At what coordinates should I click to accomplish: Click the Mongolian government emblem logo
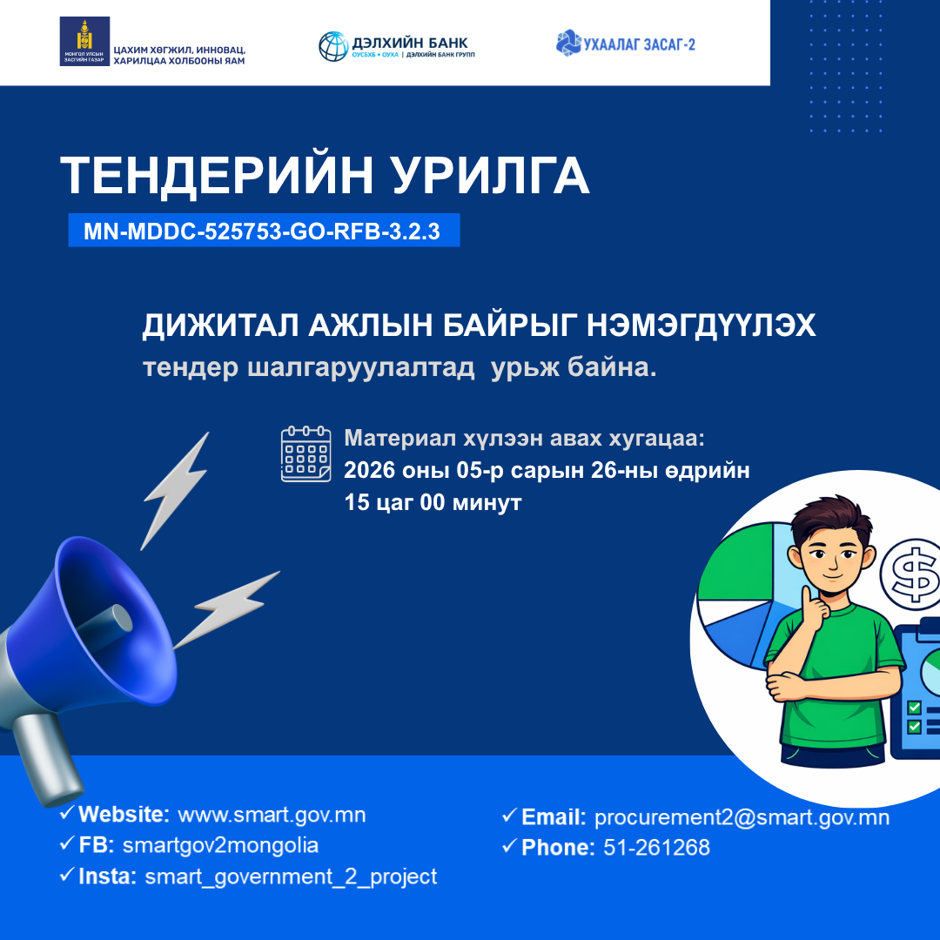[84, 41]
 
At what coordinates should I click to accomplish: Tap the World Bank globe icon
[332, 45]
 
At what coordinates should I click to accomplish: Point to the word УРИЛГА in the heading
[491, 176]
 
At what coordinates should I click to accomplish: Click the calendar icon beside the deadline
[305, 453]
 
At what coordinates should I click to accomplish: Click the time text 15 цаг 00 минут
[433, 503]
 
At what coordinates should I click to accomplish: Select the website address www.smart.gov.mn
[272, 815]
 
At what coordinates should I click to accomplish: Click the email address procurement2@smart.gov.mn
[742, 817]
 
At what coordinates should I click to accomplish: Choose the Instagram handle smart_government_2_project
[291, 876]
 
